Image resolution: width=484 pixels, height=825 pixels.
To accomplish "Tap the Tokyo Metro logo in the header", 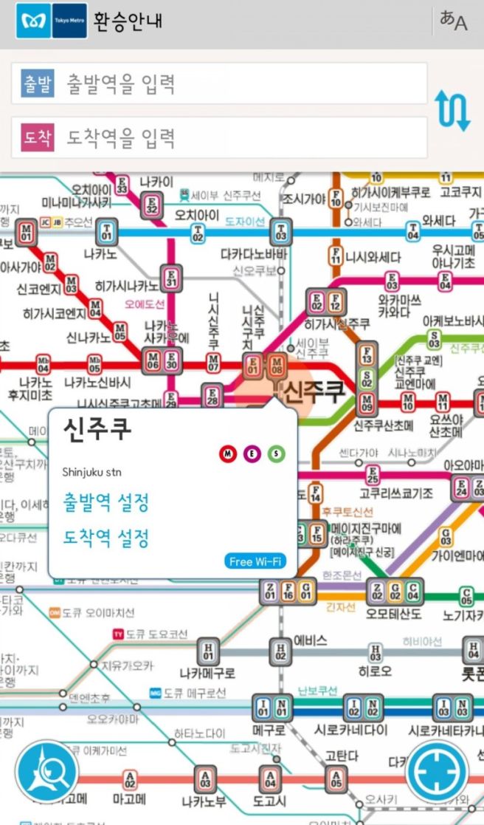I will click(x=51, y=21).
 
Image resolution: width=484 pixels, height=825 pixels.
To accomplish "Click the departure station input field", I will click(x=219, y=83).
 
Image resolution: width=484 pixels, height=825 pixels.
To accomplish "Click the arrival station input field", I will click(x=219, y=137).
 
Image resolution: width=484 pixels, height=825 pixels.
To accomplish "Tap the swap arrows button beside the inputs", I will click(x=452, y=111).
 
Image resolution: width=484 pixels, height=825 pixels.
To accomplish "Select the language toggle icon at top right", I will click(x=453, y=21).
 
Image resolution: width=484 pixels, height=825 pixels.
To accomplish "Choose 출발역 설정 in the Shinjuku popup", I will click(x=106, y=503).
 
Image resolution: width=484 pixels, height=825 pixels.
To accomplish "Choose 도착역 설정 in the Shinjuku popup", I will click(x=106, y=538).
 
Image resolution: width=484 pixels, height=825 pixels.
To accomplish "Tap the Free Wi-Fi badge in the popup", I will click(x=255, y=561).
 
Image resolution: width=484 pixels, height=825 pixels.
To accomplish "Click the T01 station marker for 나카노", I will click(x=108, y=231).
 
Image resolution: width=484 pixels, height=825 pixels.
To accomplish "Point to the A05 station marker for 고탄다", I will click(x=336, y=778).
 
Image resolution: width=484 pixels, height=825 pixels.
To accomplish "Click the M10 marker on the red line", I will click(x=408, y=403).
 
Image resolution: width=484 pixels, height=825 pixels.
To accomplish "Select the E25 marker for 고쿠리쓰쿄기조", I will click(x=373, y=475).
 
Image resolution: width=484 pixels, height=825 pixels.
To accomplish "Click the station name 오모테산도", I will click(x=395, y=614).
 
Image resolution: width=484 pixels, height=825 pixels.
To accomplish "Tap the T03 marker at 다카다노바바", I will click(x=280, y=231).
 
